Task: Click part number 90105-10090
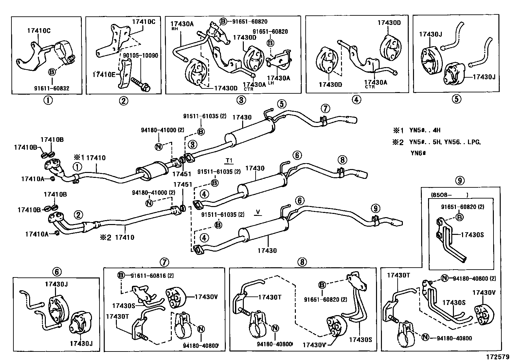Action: point(140,56)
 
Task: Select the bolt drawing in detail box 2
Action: point(140,84)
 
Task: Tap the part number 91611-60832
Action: point(51,88)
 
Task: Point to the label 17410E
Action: point(104,74)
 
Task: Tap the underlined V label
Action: point(258,212)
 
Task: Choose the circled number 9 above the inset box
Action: point(460,180)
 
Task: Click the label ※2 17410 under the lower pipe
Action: point(117,237)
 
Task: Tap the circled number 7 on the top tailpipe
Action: point(325,108)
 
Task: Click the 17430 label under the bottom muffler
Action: point(267,251)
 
